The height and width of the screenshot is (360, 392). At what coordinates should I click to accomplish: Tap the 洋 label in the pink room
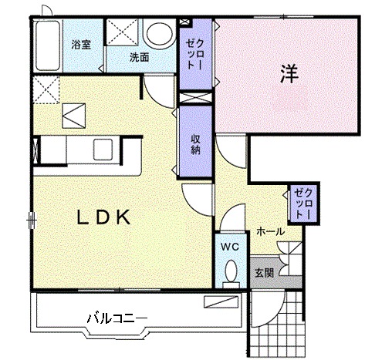pyautogui.click(x=289, y=75)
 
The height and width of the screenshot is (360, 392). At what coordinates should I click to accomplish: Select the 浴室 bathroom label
pyautogui.click(x=81, y=45)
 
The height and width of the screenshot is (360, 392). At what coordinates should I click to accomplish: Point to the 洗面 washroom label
pyautogui.click(x=139, y=57)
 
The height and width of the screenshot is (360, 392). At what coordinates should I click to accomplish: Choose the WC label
pyautogui.click(x=228, y=247)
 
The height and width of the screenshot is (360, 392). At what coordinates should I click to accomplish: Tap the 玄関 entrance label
pyautogui.click(x=264, y=272)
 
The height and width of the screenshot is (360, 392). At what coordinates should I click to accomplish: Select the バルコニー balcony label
pyautogui.click(x=116, y=317)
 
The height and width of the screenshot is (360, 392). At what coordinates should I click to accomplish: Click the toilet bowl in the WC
pyautogui.click(x=229, y=271)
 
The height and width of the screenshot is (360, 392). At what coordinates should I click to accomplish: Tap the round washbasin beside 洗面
pyautogui.click(x=161, y=34)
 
